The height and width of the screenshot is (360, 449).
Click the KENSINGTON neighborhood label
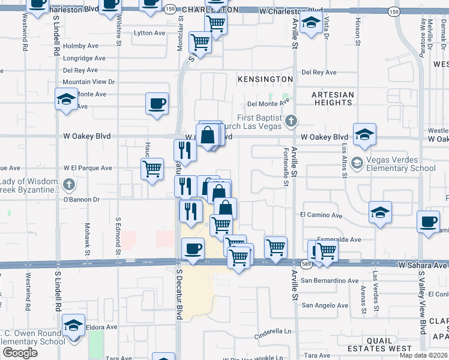point(265,79)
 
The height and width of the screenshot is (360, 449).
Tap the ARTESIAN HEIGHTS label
point(333,99)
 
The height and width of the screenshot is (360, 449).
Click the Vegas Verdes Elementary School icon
point(357,163)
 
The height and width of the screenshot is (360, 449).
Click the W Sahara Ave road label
point(423,265)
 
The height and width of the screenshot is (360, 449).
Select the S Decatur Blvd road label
point(179,298)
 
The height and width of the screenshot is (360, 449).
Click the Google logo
point(20,353)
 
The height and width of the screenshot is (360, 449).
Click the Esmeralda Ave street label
point(339,239)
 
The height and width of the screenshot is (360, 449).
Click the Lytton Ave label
point(149,33)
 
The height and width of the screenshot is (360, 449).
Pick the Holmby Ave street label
point(80,46)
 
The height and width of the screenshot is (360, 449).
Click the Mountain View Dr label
point(89,82)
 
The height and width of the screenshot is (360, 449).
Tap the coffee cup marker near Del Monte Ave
point(157,103)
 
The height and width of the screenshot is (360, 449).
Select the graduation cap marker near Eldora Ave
point(74,325)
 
